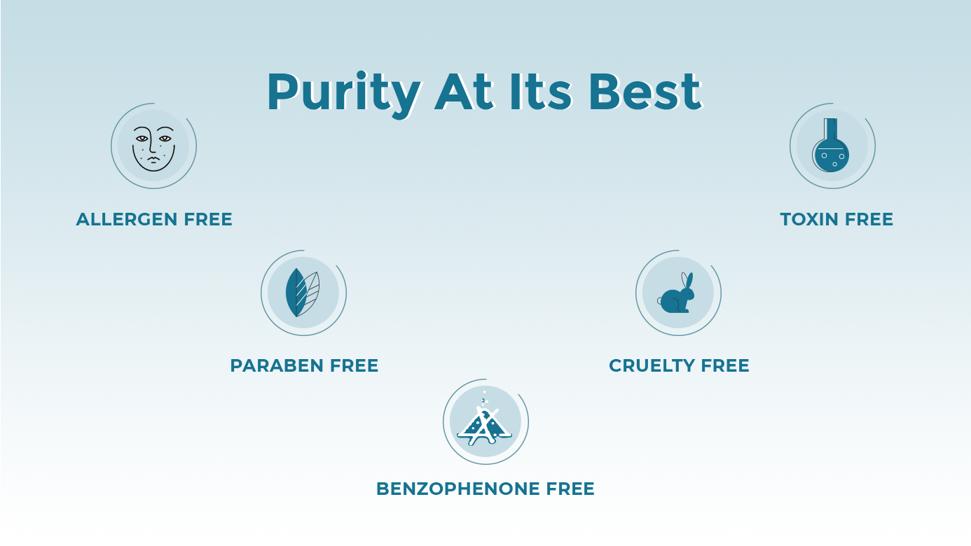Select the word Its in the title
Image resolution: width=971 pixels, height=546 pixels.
click(x=541, y=92)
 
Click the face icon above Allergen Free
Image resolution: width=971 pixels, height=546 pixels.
click(x=153, y=148)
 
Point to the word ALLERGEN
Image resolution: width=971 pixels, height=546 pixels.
click(x=127, y=220)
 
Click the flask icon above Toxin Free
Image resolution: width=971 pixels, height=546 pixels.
click(x=831, y=145)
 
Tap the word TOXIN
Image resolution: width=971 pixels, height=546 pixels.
click(x=809, y=220)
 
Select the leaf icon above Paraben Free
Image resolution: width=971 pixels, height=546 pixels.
click(x=303, y=293)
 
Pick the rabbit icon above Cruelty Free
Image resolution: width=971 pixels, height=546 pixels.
click(x=676, y=293)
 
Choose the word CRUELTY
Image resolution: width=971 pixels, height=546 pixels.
click(x=652, y=366)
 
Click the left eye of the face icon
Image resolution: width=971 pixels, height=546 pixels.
click(x=142, y=139)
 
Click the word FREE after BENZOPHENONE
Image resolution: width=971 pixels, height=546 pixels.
click(x=570, y=489)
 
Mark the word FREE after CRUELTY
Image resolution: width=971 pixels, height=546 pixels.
click(x=725, y=366)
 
